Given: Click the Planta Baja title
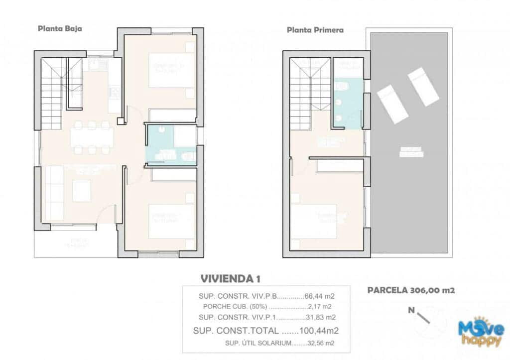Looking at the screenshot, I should (60, 29).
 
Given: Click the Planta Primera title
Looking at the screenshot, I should (315, 30).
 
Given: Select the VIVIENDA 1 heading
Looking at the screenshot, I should (230, 278).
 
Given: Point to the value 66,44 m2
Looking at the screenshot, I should (319, 296).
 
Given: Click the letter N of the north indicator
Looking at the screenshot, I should (411, 310).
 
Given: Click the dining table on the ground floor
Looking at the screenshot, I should (92, 137).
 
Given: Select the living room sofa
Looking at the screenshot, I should (54, 193).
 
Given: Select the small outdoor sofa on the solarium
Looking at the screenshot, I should (411, 151).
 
